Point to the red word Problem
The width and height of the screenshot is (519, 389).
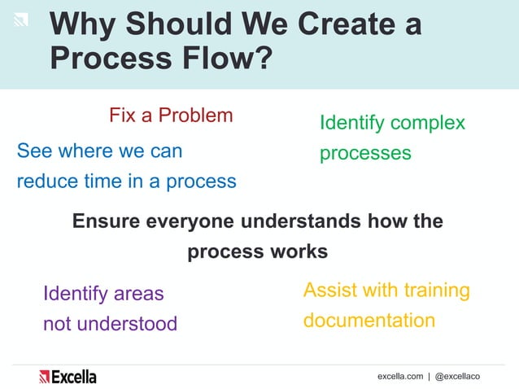[x=195, y=115]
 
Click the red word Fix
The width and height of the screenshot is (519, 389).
[x=123, y=115]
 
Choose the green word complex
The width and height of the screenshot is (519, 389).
[x=427, y=123]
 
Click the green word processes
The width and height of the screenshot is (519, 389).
[x=365, y=153]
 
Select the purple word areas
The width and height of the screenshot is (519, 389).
[x=137, y=293]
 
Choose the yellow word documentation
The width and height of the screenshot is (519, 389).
[x=369, y=321]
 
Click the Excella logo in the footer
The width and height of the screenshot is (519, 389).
[x=68, y=376]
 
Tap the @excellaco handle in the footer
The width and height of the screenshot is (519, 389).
[x=457, y=377]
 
